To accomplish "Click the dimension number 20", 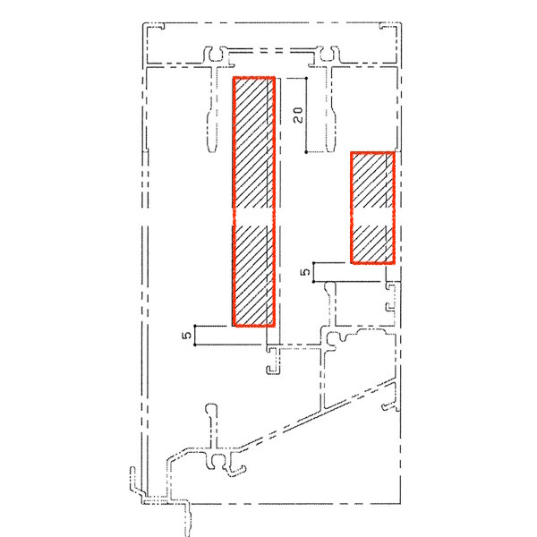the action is point(298,115).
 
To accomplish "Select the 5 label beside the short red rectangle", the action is point(305,272).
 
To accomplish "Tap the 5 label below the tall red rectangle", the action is point(187,335).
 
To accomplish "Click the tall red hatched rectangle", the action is point(254,201).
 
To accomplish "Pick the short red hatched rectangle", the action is point(372,208).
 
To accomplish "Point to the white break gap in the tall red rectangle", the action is point(254,217).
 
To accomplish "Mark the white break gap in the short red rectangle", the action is point(372,217).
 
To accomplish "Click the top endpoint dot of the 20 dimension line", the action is point(306,79).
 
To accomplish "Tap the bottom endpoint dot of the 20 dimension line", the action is point(306,152).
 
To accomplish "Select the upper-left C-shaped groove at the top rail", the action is point(215,55).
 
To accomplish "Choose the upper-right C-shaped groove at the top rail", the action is point(328,55).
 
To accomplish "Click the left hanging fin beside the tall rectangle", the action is point(213,109).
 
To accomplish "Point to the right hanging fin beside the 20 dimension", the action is point(330,109).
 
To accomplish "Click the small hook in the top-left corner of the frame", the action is point(156,26).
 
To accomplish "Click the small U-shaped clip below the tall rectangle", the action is point(274,361).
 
